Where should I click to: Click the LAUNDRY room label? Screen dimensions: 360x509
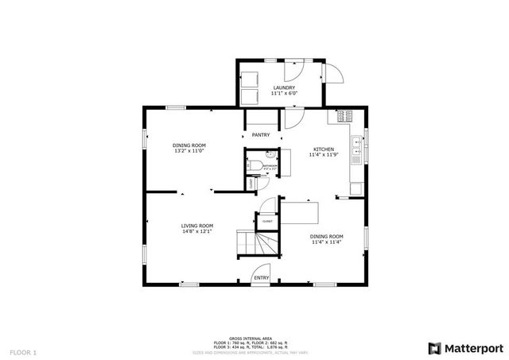[x=284, y=87]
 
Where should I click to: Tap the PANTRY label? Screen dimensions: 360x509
[x=261, y=135]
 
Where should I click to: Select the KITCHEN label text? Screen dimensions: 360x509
[x=323, y=149]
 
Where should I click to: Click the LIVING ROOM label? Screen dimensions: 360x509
[x=196, y=225]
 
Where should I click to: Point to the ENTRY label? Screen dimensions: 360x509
[x=262, y=277]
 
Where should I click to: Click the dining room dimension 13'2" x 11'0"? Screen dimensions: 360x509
[x=190, y=150]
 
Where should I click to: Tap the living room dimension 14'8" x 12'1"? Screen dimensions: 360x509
[x=196, y=231]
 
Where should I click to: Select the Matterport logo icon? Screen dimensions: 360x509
[x=433, y=347]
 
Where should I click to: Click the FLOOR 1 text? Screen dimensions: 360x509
[x=23, y=350]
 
